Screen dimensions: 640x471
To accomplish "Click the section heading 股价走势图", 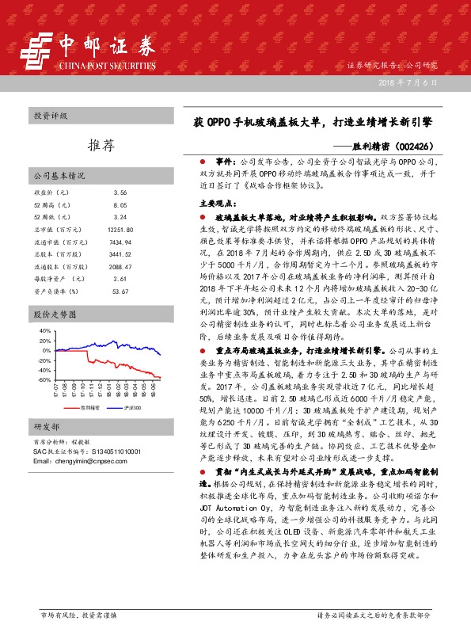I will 52,314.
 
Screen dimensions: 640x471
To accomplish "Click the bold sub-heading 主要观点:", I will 215,204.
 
